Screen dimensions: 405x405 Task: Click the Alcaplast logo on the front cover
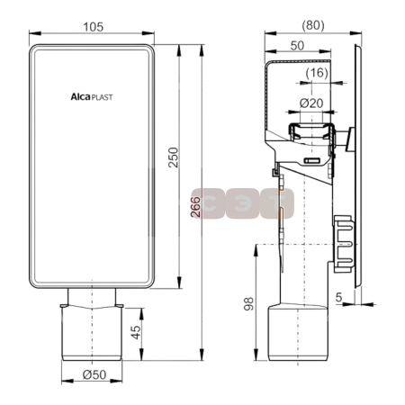(89, 93)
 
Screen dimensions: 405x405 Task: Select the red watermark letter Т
(279, 202)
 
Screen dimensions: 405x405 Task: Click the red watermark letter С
(206, 202)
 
